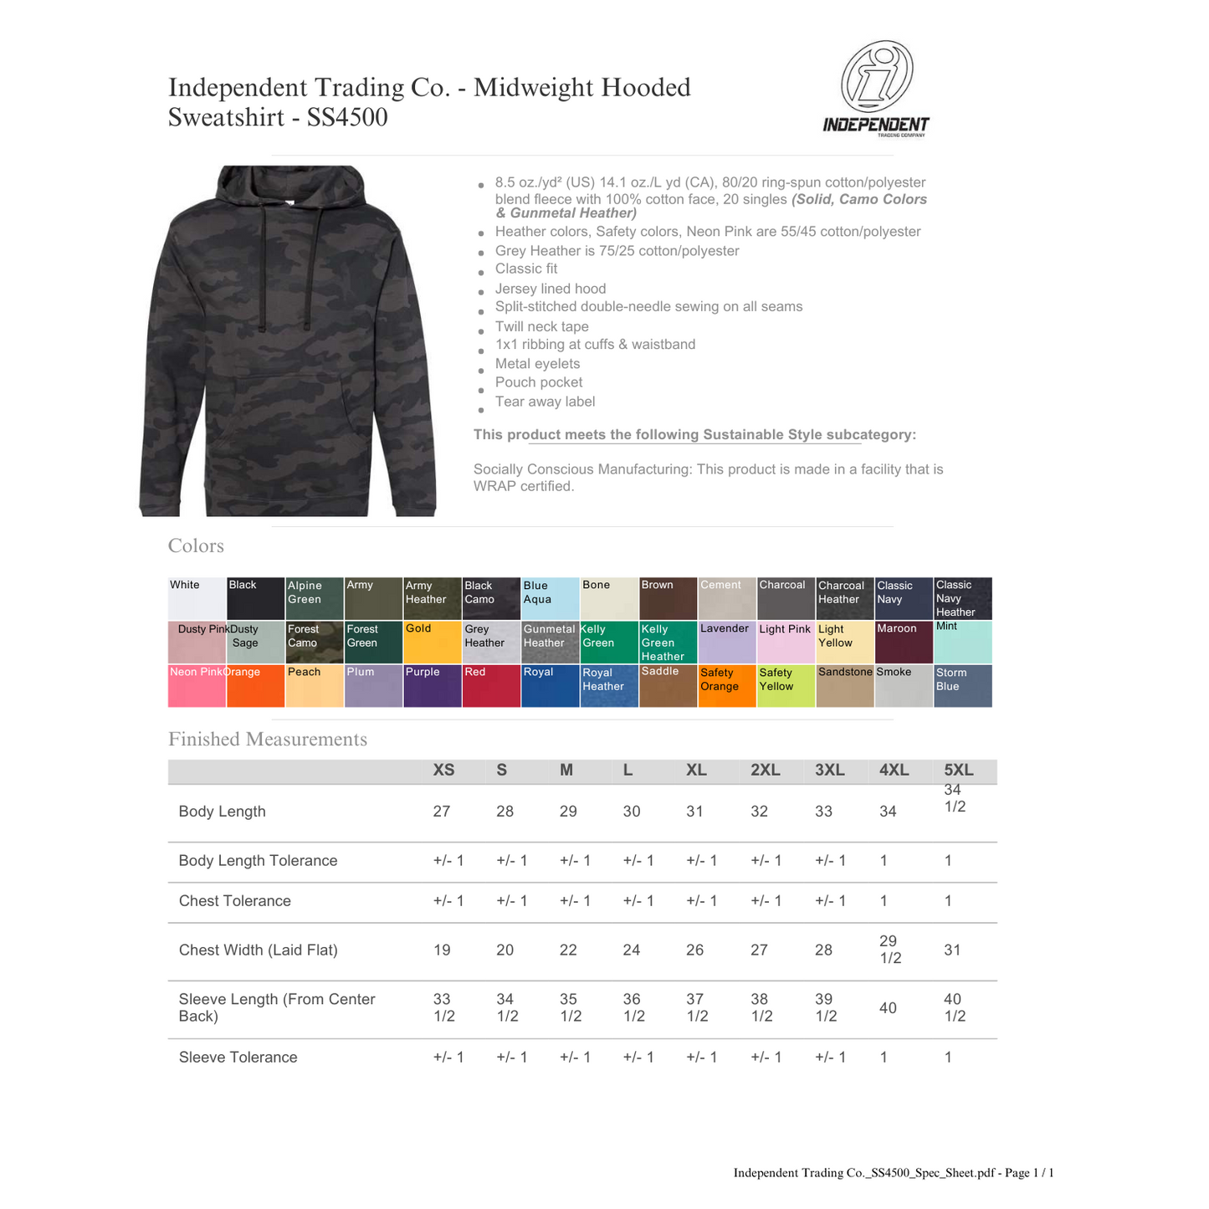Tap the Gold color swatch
433,643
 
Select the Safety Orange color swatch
726,686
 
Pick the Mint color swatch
963,643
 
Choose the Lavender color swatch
726,643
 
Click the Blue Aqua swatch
550,598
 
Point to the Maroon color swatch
904,643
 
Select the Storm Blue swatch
963,686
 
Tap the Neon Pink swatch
197,686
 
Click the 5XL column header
958,771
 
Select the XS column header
443,771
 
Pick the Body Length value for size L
632,812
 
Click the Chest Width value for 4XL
890,950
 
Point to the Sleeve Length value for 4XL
888,1007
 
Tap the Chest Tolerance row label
235,901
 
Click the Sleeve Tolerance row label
238,1058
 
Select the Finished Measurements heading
268,740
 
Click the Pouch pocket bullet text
539,382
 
